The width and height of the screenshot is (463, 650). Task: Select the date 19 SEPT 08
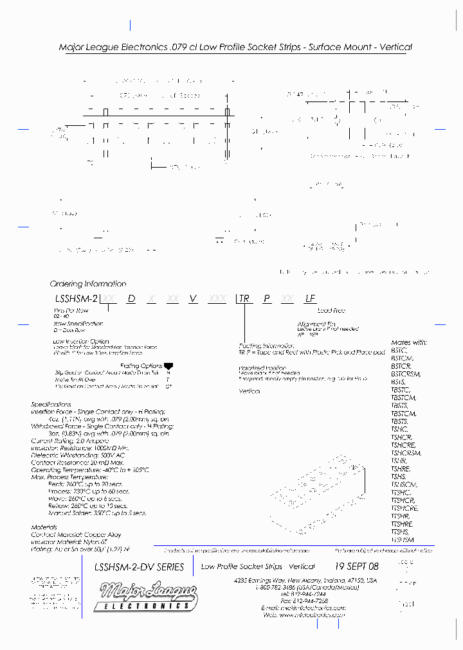(357, 567)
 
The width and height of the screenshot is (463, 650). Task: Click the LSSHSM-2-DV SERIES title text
(139, 567)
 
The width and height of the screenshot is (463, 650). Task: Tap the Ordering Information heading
(88, 284)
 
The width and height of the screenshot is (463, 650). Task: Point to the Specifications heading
(51, 405)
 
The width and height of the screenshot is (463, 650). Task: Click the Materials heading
(44, 527)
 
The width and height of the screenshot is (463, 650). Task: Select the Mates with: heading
(409, 343)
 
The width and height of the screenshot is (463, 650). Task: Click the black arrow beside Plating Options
(168, 365)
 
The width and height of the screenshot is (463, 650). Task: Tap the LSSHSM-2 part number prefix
(76, 299)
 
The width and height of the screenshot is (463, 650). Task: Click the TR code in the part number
(244, 299)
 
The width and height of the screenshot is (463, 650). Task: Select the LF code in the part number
(311, 299)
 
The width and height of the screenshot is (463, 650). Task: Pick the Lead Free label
(331, 311)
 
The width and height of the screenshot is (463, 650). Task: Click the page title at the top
(235, 48)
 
